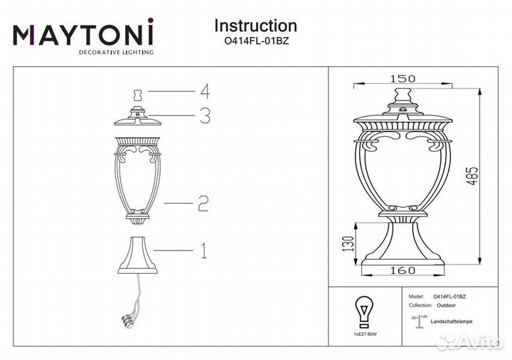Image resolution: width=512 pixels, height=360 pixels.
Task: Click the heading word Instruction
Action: (x=255, y=26)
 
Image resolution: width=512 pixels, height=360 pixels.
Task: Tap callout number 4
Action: (x=205, y=91)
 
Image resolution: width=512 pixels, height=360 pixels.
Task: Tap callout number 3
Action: (x=205, y=115)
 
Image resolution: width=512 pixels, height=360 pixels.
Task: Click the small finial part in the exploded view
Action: (x=138, y=93)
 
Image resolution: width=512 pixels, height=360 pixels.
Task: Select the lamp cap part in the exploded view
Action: (x=138, y=116)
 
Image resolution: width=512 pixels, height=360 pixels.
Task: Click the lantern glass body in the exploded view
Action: (x=139, y=174)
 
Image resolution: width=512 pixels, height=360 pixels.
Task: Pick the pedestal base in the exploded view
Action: (x=139, y=253)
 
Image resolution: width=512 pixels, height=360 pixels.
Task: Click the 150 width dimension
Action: (x=402, y=79)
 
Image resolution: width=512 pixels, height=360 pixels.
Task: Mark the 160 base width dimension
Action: (x=403, y=270)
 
